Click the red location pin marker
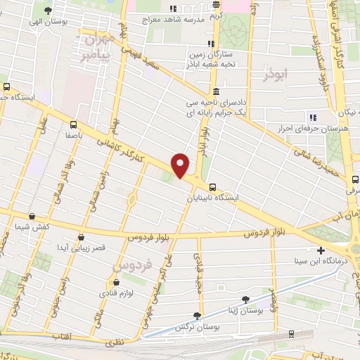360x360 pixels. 181,166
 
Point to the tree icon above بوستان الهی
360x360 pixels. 48,11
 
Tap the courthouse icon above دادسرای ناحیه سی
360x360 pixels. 215,91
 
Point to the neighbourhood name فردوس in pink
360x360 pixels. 133,267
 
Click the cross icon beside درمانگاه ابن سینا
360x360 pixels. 321,250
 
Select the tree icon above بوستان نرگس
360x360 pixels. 196,316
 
